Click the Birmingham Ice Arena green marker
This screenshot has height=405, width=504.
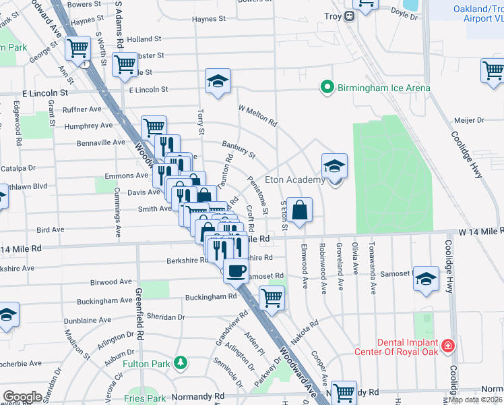[327, 88]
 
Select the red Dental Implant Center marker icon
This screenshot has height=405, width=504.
[447, 347]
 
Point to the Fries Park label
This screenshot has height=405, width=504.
[146, 398]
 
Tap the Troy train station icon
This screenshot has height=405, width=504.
[350, 16]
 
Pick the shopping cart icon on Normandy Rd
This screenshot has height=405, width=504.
[344, 391]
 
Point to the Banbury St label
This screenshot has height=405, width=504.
[239, 149]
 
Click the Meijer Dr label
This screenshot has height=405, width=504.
[470, 120]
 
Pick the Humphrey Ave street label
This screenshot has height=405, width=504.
[88, 126]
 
